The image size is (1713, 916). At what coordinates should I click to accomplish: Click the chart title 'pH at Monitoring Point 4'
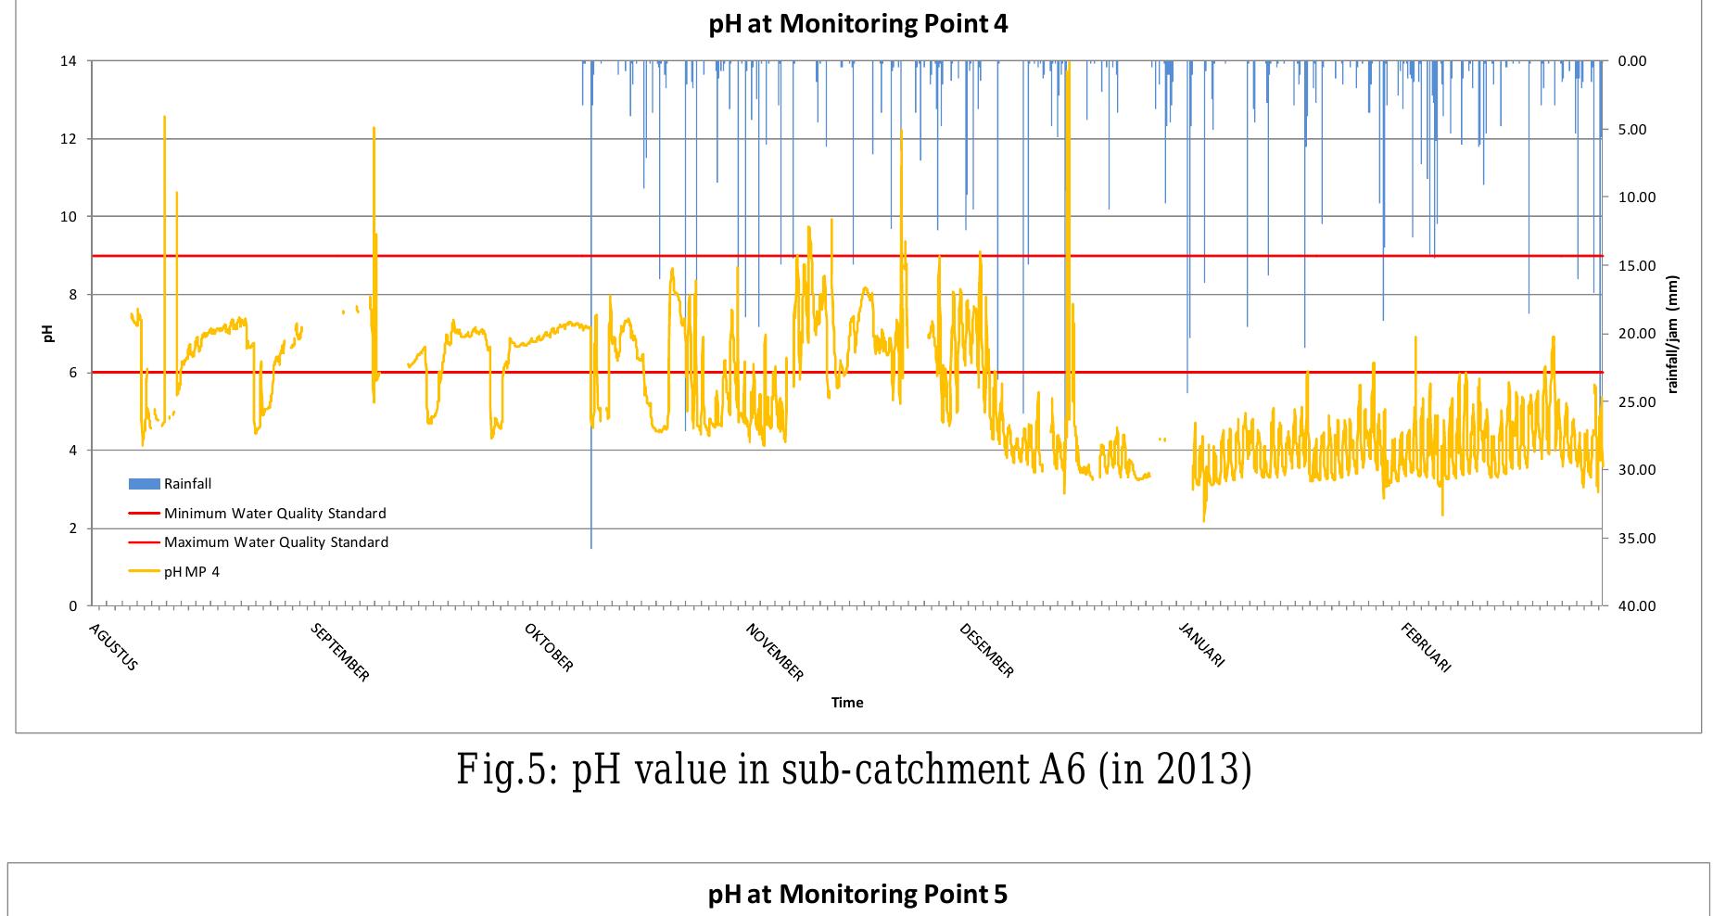point(857,24)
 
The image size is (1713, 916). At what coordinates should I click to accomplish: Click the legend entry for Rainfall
point(187,484)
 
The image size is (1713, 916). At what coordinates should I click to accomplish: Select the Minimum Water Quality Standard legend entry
point(274,514)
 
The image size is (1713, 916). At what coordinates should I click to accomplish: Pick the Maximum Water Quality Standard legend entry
point(275,542)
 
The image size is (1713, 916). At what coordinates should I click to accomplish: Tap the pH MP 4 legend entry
point(191,572)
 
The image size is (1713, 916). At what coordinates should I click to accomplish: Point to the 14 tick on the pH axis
point(70,61)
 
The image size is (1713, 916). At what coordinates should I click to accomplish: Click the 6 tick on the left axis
point(72,373)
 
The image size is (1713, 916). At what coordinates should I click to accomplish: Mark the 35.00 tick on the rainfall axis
point(1637,539)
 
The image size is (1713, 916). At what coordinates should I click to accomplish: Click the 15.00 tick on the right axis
point(1637,266)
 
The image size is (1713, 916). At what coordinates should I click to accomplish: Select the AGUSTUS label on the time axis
point(114,648)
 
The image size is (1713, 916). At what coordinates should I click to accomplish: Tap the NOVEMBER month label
point(775,653)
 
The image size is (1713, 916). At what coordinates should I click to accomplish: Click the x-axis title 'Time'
point(847,703)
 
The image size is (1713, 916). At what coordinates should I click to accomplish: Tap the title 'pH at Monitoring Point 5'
point(857,894)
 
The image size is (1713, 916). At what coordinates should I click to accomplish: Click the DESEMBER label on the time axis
point(987,652)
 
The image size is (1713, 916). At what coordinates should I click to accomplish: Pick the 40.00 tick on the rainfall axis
point(1637,606)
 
